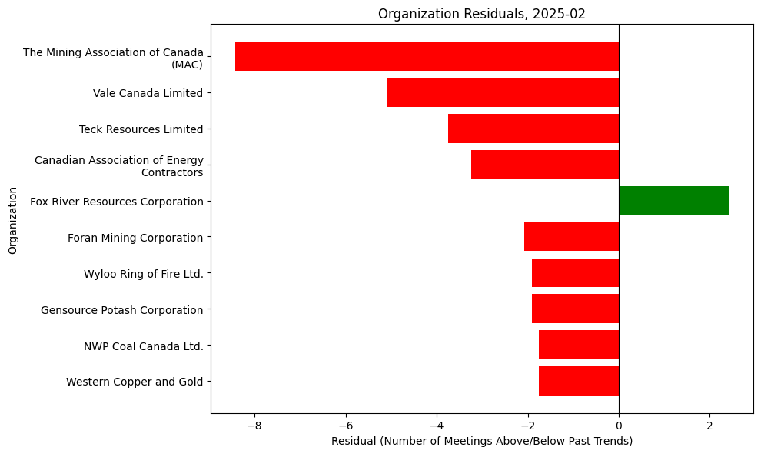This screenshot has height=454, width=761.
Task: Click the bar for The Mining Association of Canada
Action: pos(427,56)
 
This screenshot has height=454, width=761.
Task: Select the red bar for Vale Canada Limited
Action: pos(503,92)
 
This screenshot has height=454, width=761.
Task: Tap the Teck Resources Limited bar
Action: pos(533,129)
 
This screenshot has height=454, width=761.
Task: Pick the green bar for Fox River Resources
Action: pos(673,201)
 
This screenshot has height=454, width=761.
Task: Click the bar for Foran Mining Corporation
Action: pos(571,237)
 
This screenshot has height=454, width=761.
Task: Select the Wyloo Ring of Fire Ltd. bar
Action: pos(575,273)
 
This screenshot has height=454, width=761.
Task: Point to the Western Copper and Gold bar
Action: pos(579,381)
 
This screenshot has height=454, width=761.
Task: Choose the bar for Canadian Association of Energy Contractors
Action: pos(545,165)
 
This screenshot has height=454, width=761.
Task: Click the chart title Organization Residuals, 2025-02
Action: pos(482,13)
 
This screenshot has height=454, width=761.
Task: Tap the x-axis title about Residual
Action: pos(482,441)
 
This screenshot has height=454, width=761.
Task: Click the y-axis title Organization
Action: pos(12,219)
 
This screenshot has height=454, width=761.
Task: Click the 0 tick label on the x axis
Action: pos(619,425)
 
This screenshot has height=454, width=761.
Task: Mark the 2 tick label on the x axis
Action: pos(709,425)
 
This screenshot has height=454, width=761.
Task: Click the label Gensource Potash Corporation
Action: pos(121,310)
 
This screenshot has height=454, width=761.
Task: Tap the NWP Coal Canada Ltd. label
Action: pos(143,346)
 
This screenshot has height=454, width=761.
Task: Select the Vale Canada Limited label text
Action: pos(148,93)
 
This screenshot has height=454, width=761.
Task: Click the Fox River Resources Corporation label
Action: pos(116,202)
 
